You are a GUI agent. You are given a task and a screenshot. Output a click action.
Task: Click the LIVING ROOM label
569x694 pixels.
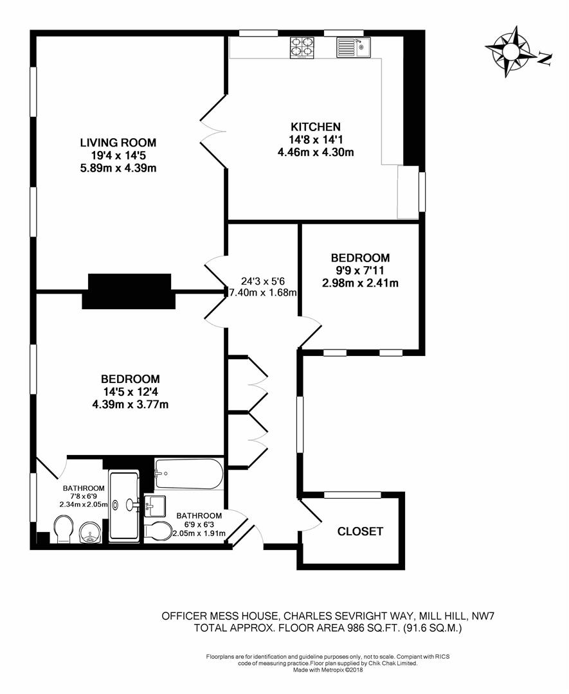[x=118, y=143]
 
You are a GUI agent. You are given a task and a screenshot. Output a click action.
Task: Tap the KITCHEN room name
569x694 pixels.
[x=315, y=127]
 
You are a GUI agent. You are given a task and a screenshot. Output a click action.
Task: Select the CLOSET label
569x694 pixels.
[x=361, y=531]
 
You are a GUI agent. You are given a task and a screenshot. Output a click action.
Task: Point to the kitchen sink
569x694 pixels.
[x=352, y=47]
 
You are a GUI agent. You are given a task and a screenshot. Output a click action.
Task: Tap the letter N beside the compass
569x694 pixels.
[x=545, y=60]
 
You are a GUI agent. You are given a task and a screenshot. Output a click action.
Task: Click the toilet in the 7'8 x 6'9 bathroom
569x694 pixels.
[x=61, y=531]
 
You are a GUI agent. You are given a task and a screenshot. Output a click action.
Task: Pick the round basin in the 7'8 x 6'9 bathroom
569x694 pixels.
[x=89, y=533]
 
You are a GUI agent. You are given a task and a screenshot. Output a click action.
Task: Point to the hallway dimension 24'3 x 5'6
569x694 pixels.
[x=263, y=281]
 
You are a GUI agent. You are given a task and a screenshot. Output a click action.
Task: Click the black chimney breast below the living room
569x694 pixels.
[x=129, y=291]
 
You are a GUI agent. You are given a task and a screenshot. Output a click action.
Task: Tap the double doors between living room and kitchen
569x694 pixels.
[x=213, y=135]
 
